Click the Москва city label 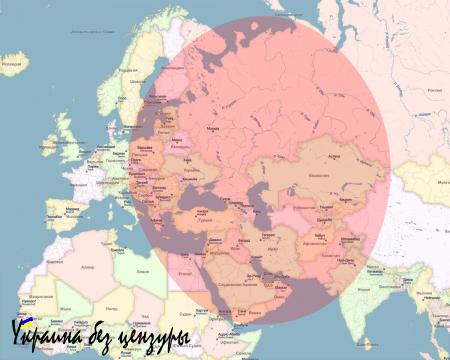pyautogui.click(x=212, y=129)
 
